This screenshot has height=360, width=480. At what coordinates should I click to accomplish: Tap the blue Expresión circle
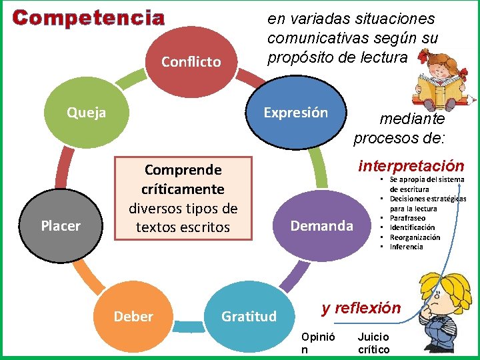pyautogui.click(x=295, y=113)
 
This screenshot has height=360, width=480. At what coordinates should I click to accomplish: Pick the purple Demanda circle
pyautogui.click(x=321, y=226)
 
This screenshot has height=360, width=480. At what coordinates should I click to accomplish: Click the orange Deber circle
pyautogui.click(x=133, y=316)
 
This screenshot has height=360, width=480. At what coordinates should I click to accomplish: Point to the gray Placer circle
pyautogui.click(x=60, y=226)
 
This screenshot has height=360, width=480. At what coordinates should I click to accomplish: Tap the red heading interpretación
pyautogui.click(x=411, y=165)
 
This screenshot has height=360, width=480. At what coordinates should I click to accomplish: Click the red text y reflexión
pyautogui.click(x=361, y=307)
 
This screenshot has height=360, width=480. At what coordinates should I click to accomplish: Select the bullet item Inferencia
pyautogui.click(x=407, y=247)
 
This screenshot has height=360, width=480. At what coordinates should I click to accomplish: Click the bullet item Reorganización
pyautogui.click(x=415, y=237)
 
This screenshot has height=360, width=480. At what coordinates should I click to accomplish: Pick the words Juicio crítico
pyautogui.click(x=374, y=343)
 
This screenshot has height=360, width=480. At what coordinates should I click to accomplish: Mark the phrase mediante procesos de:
pyautogui.click(x=399, y=129)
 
